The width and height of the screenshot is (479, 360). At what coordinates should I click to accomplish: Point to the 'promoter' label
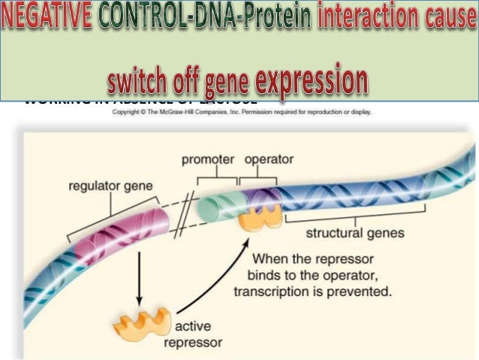pyautogui.click(x=208, y=159)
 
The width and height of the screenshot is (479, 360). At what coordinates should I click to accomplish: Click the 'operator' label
pyautogui.click(x=269, y=159)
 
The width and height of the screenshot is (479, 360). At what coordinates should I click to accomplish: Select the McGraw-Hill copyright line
pyautogui.click(x=240, y=113)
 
